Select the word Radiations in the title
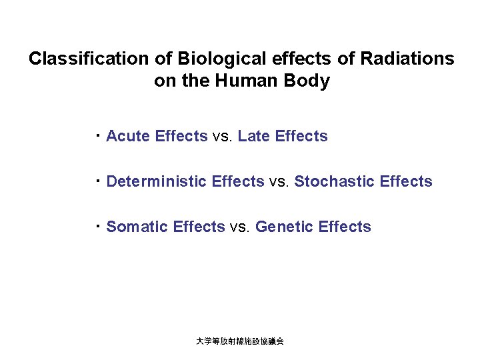click(x=407, y=59)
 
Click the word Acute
click(x=128, y=137)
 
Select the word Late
click(x=254, y=137)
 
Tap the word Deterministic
click(x=157, y=182)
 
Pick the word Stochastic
click(x=335, y=182)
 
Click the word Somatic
click(x=137, y=227)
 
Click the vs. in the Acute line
click(x=223, y=137)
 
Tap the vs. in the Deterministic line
click(x=279, y=182)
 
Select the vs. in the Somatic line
click(x=240, y=227)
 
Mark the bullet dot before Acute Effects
click(x=97, y=135)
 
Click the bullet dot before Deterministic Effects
click(x=97, y=180)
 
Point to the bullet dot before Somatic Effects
click(x=97, y=225)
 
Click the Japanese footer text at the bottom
click(x=240, y=341)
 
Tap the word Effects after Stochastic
click(x=406, y=182)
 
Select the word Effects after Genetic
click(x=345, y=227)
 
